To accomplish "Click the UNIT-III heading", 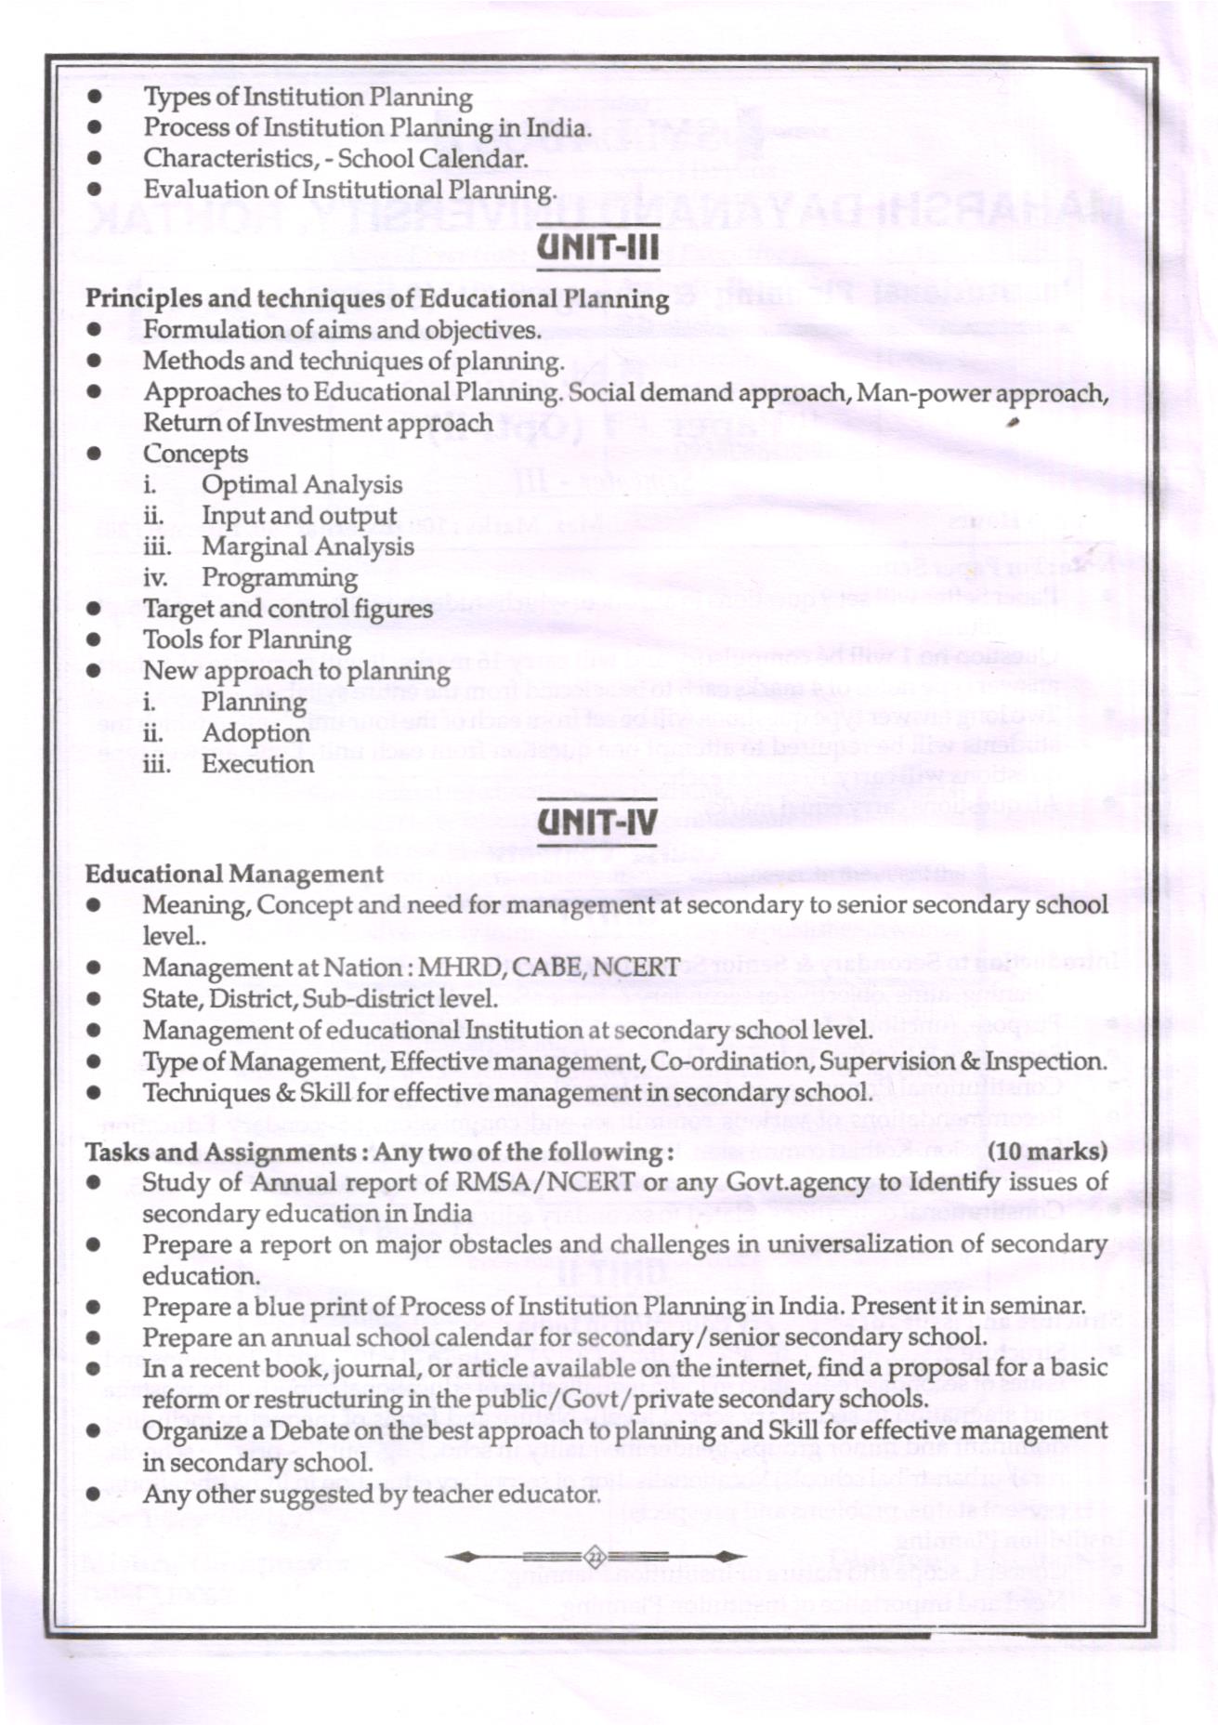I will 598,248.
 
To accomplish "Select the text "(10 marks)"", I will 1047,1152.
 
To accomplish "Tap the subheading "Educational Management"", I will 234,875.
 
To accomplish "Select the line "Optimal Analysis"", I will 302,485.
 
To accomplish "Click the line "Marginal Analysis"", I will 308,546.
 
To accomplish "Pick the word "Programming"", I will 280,578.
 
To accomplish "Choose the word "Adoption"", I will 255,733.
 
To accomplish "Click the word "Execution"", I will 257,764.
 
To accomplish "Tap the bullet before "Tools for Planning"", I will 93,640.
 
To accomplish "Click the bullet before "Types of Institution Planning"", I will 93,98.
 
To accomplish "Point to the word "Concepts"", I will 195,454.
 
